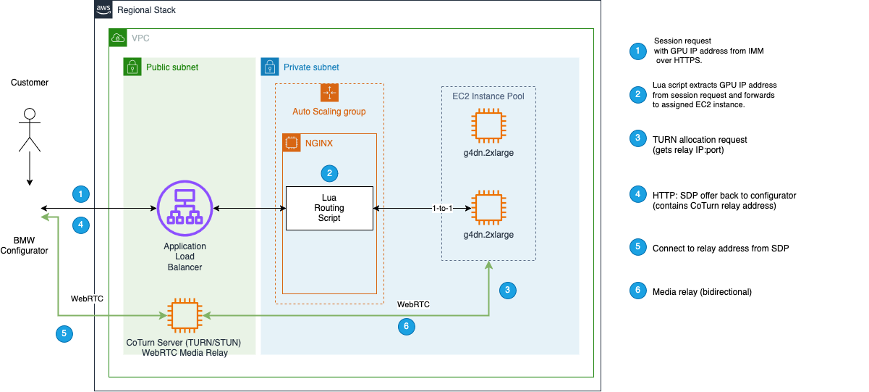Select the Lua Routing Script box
tap(329, 208)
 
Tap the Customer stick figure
tap(30, 130)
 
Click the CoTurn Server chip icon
tap(184, 316)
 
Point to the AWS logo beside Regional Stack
tap(103, 10)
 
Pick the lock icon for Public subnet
tap(133, 67)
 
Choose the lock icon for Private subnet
tap(270, 67)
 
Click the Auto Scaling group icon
tap(329, 93)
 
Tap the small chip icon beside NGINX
tap(292, 143)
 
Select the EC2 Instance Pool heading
tap(488, 95)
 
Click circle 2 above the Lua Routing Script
tap(329, 173)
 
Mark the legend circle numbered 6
tap(637, 291)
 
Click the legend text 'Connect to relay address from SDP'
tap(720, 248)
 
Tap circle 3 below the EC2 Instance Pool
tap(507, 290)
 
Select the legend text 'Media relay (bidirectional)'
tap(703, 292)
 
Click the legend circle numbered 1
tap(637, 51)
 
